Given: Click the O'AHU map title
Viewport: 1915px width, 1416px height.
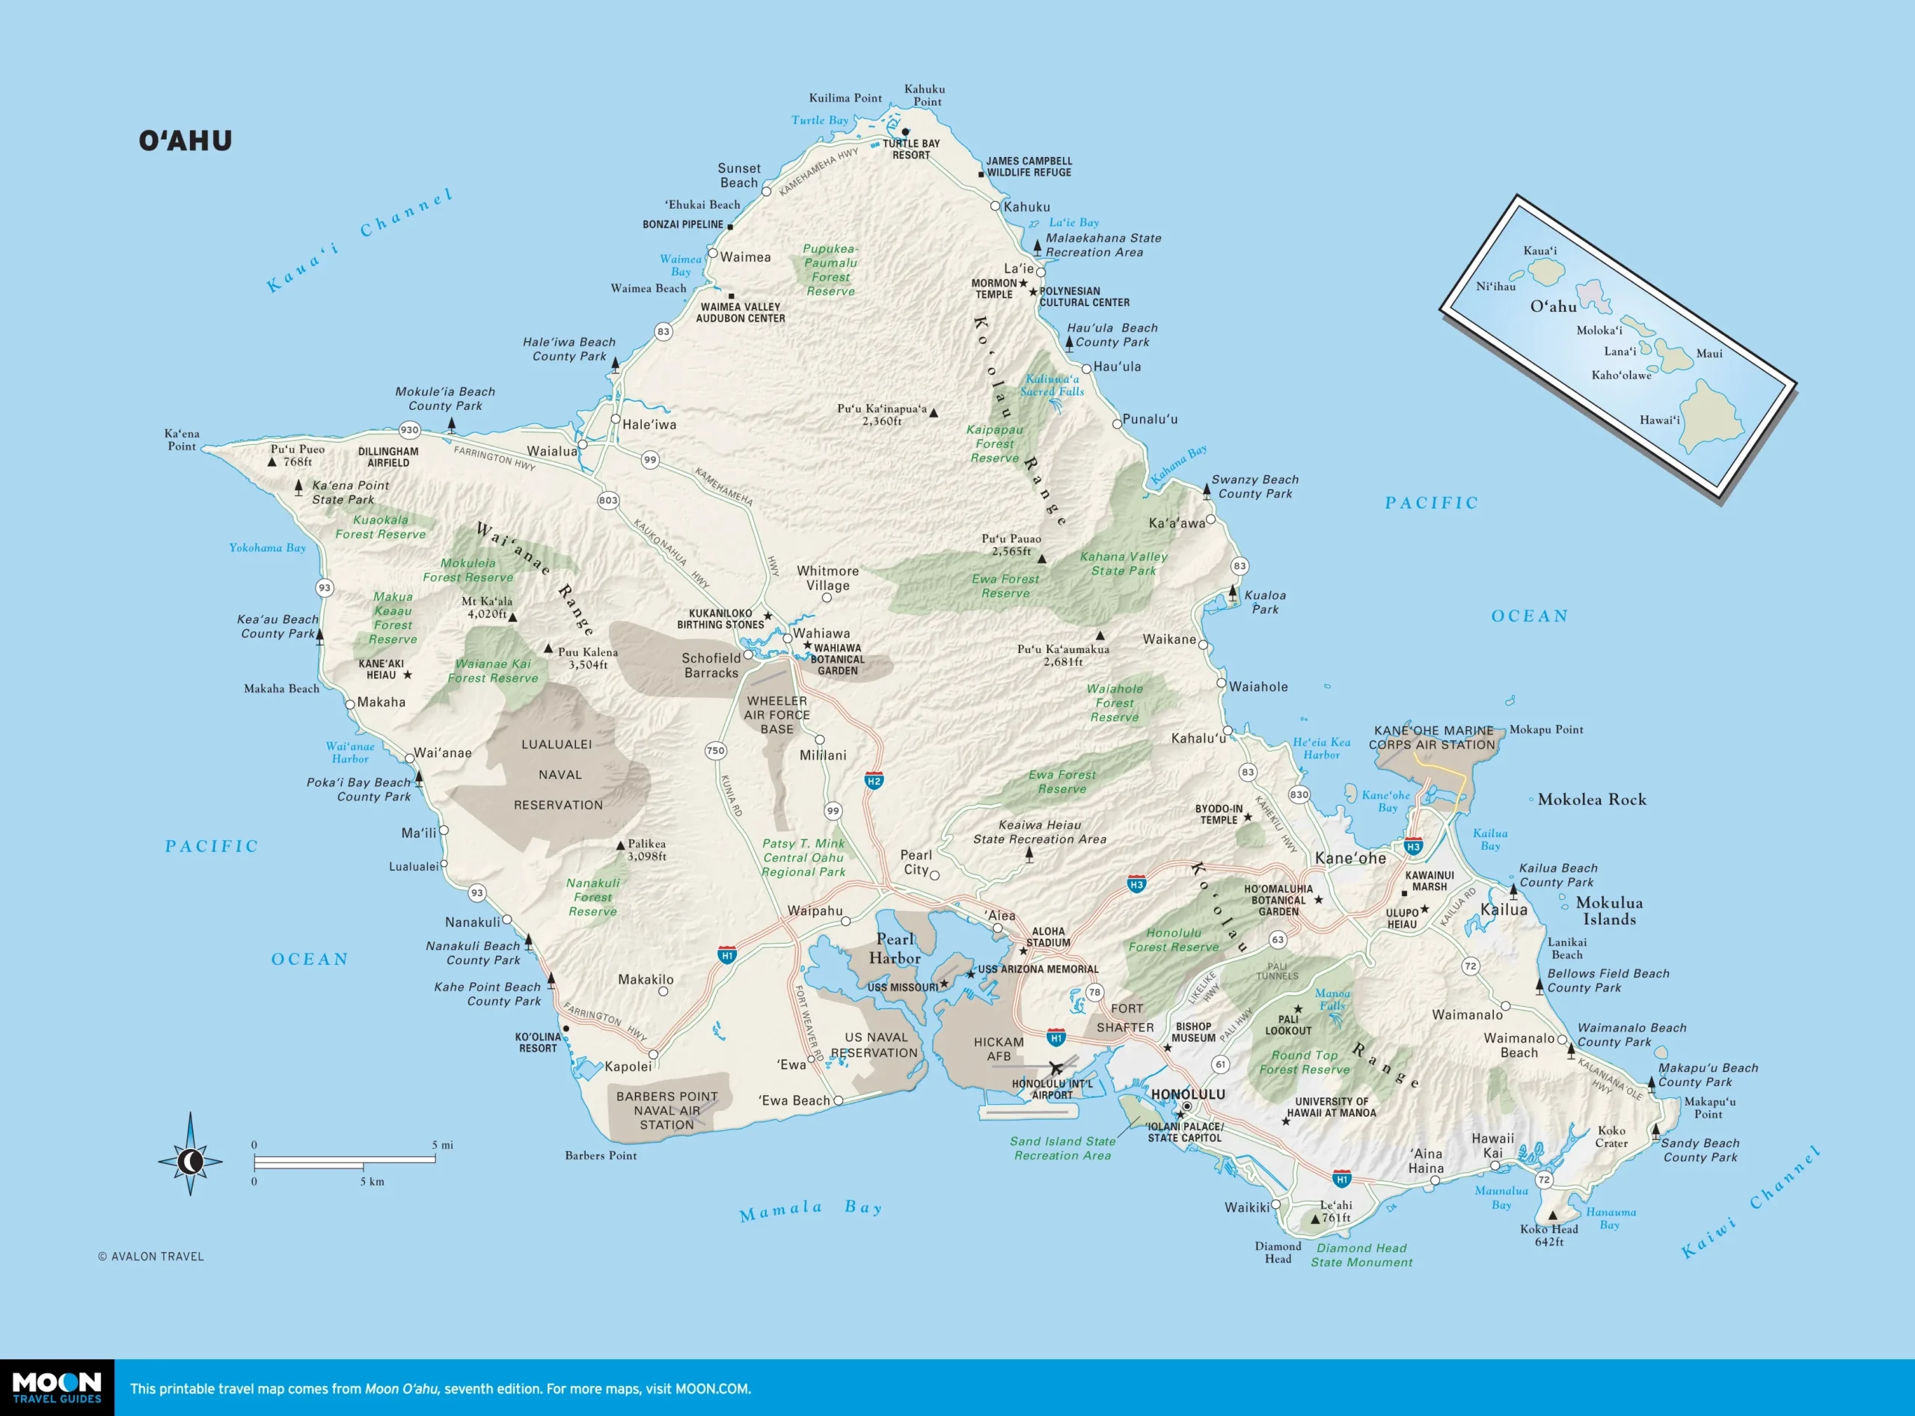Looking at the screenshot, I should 186,141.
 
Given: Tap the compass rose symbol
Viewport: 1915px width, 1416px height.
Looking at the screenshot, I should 190,1162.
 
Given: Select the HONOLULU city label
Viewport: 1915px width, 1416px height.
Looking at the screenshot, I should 1187,1094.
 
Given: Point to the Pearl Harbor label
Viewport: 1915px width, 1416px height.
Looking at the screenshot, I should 895,948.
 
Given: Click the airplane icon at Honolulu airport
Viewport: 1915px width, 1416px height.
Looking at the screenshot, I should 1056,1068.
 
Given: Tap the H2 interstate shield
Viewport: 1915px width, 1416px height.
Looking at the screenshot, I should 874,781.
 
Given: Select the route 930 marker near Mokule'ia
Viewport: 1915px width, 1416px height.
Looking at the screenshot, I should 410,430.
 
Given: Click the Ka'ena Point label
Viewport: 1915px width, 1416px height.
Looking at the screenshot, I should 182,440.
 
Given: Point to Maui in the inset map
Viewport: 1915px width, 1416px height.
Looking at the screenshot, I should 1709,353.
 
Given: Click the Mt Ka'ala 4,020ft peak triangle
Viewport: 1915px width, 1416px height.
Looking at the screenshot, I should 512,617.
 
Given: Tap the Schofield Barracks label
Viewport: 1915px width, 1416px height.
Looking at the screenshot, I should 711,665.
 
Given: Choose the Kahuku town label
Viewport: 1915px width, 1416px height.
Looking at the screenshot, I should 1026,206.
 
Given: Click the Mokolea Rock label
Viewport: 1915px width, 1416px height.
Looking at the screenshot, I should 1591,800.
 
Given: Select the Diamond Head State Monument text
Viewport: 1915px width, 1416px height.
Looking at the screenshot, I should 1361,1255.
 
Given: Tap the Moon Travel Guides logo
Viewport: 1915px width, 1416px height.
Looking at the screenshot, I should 57,1388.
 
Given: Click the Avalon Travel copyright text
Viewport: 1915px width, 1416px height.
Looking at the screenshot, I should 151,1257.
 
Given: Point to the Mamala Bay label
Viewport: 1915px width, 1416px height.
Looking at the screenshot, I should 810,1210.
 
